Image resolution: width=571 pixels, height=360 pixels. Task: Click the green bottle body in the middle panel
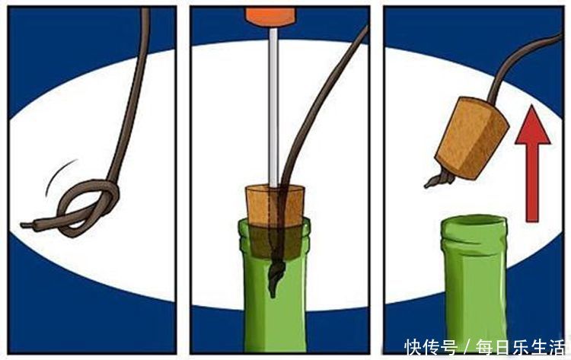274,320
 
